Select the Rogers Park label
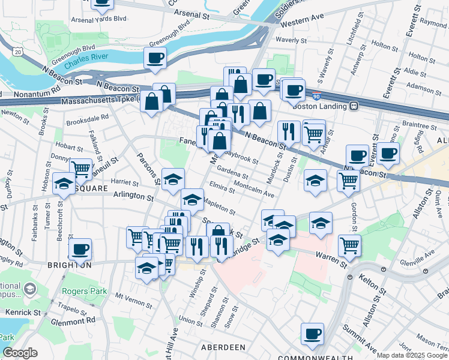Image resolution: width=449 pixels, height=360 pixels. (x=84, y=292)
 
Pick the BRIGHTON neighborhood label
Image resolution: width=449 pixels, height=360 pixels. (x=70, y=265)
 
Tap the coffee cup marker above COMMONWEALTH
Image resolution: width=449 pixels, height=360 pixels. (x=312, y=334)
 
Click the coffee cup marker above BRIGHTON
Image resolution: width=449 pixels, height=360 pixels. (x=80, y=248)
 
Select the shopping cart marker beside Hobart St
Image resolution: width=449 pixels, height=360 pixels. (x=80, y=168)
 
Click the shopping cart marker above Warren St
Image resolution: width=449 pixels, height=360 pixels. (x=349, y=244)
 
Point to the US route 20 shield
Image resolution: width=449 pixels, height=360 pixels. (x=18, y=53)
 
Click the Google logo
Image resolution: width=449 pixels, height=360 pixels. (x=20, y=353)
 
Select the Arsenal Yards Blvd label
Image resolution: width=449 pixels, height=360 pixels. (x=99, y=19)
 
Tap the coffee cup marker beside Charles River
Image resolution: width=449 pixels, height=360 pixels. (x=155, y=58)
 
